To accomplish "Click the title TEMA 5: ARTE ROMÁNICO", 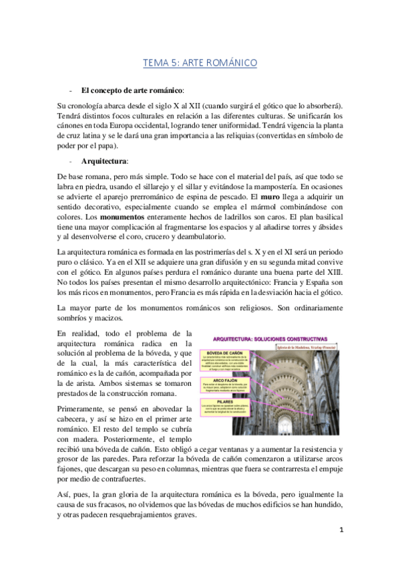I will [200, 64].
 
